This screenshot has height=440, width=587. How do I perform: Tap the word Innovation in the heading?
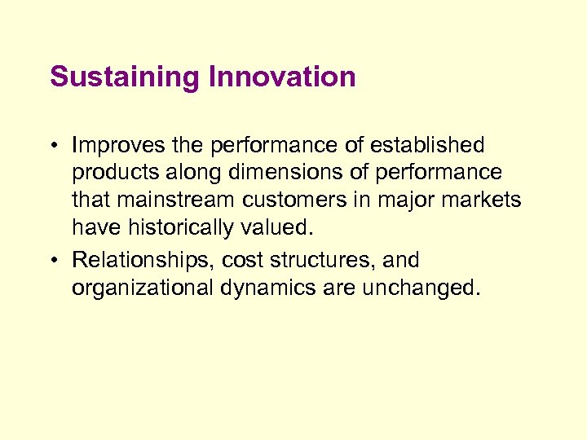click(283, 77)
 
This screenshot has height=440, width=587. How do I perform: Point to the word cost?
click(242, 261)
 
